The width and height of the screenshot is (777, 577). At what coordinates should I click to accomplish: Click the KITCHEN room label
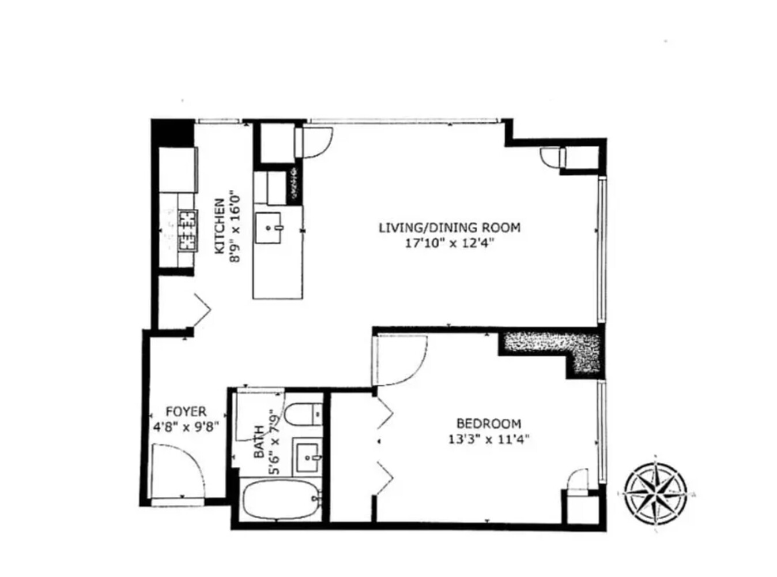pos(220,226)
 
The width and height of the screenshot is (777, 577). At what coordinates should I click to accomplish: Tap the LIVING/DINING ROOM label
pos(449,227)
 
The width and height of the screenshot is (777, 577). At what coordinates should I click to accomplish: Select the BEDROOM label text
pos(489,423)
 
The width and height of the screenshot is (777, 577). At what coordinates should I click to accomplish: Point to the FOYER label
pos(186,411)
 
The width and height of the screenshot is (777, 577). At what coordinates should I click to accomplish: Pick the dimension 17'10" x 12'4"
pos(450,243)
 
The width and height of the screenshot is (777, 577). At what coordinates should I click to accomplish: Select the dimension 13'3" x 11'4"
pos(489,439)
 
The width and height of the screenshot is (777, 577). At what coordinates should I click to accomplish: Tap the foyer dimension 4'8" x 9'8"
pos(186,428)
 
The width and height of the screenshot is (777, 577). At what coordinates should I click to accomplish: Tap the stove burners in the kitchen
pos(187,230)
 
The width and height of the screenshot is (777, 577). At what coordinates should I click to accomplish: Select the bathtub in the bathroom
pos(282,500)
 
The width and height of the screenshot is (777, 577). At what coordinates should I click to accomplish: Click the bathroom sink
pos(308,458)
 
